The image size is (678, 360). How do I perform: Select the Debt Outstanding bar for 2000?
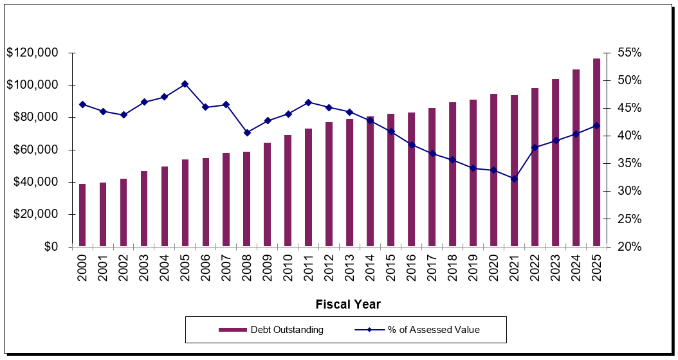pyautogui.click(x=82, y=215)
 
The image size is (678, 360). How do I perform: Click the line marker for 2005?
pyautogui.click(x=185, y=84)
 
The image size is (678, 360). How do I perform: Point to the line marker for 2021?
pyautogui.click(x=514, y=179)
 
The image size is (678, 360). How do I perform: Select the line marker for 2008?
pyautogui.click(x=246, y=132)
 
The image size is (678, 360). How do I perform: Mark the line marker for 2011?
pyautogui.click(x=308, y=102)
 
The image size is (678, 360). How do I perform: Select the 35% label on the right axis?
pyautogui.click(x=628, y=163)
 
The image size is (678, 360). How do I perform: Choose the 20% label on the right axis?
pyautogui.click(x=628, y=247)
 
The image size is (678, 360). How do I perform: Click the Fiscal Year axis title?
pyautogui.click(x=347, y=304)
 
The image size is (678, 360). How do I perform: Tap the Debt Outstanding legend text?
pyautogui.click(x=287, y=330)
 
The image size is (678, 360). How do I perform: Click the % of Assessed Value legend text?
pyautogui.click(x=434, y=330)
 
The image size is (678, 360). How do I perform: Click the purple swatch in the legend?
pyautogui.click(x=232, y=330)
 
